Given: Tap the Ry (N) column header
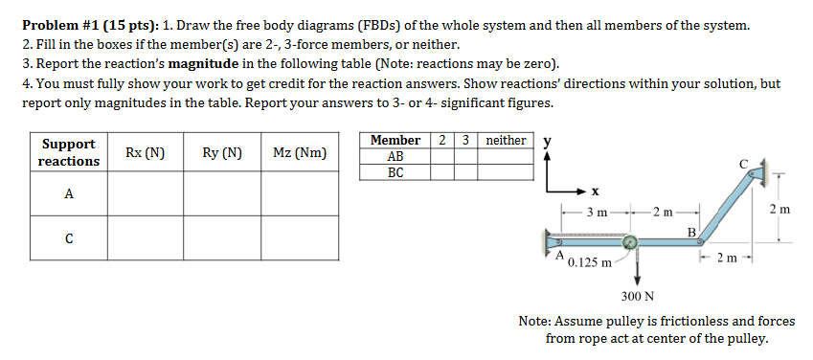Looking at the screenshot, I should [x=222, y=152].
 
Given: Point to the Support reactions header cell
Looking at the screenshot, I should [x=69, y=152].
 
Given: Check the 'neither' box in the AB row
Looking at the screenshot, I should [x=506, y=157].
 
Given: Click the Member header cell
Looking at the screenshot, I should [x=395, y=141].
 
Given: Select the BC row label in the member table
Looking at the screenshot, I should [x=395, y=173].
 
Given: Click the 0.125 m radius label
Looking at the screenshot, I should [x=590, y=261].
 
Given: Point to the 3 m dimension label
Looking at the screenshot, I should [x=596, y=211].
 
